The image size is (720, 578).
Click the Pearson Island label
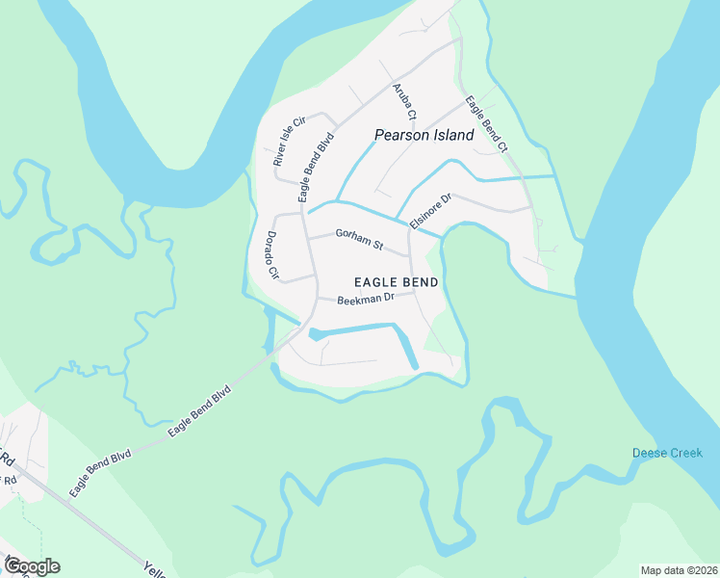pyautogui.click(x=424, y=135)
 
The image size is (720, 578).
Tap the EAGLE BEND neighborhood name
pyautogui.click(x=396, y=282)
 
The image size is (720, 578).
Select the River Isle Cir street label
pyautogui.click(x=288, y=141)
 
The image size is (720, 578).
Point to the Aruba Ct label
pyautogui.click(x=403, y=102)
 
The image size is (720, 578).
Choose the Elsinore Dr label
pyautogui.click(x=430, y=211)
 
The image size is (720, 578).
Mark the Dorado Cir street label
pyautogui.click(x=271, y=255)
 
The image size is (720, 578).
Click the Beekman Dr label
pyautogui.click(x=366, y=300)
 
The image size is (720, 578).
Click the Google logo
pyautogui.click(x=31, y=565)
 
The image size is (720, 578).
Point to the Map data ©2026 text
pyautogui.click(x=678, y=569)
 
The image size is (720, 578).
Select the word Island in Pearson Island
pyautogui.click(x=451, y=135)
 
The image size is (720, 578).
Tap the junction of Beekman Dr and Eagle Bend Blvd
pyautogui.click(x=315, y=297)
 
